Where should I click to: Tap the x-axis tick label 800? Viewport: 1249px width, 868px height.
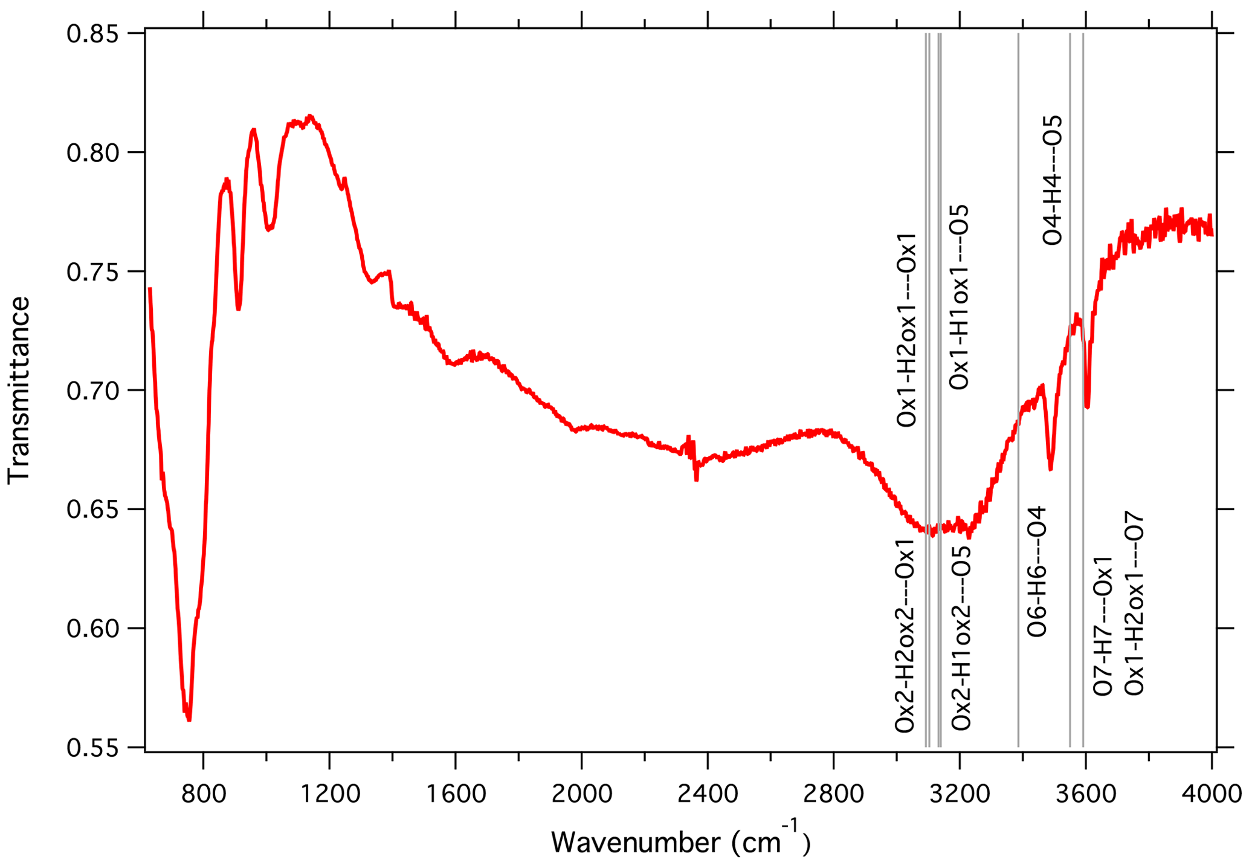[204, 793]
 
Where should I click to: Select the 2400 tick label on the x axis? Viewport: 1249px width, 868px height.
[707, 793]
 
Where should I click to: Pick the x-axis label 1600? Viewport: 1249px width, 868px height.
[456, 793]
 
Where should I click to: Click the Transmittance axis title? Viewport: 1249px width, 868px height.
[19, 390]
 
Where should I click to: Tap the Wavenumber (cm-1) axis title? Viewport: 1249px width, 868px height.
[680, 841]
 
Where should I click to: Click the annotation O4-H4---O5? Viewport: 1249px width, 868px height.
[1053, 180]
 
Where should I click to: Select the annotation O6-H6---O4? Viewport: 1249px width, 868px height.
[1037, 571]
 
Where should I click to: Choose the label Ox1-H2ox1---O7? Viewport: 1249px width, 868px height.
[1134, 603]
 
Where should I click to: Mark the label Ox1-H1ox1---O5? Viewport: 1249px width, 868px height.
[960, 297]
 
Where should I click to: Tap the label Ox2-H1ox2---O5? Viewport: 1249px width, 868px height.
[961, 638]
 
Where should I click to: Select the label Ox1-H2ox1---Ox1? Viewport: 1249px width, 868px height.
[906, 330]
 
